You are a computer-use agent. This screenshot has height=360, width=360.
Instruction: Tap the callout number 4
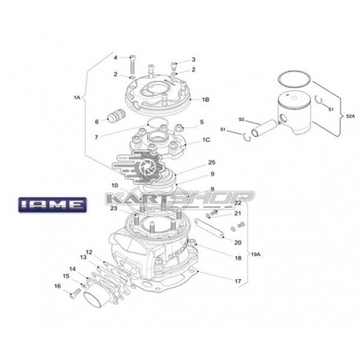pos(114,58)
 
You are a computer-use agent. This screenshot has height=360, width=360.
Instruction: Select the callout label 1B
pos(206,100)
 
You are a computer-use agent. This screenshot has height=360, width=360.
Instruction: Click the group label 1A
pos(77,97)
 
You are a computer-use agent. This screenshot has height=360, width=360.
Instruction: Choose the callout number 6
pos(96,122)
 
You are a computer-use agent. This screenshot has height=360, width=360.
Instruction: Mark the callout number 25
pos(211,162)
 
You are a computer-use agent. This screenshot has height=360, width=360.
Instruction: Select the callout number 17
pos(237,281)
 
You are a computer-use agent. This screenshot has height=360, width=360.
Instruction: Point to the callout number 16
pos(57,286)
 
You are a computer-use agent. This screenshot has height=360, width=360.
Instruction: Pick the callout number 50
pos(242,119)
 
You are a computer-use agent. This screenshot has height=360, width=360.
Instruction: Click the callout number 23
pos(114,208)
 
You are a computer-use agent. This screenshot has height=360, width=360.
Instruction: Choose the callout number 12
pos(89,252)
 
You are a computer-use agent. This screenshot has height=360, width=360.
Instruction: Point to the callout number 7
pos(96,138)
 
